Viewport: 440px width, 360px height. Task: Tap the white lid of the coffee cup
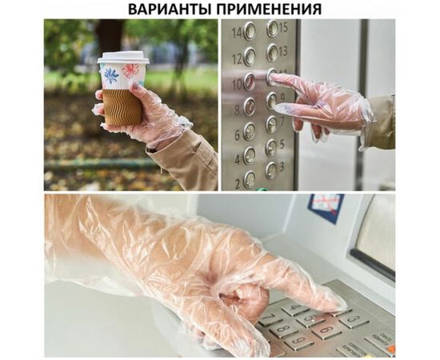[x=123, y=58]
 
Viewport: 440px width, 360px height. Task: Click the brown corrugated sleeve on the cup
[x=122, y=106]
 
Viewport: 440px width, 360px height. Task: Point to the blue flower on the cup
[x=111, y=77]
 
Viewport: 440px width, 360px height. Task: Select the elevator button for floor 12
[x=250, y=57]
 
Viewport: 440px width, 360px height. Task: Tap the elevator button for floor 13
[x=273, y=53]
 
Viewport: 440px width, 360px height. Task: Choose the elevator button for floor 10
[x=250, y=82]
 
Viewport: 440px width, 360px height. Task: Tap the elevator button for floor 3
[x=272, y=170]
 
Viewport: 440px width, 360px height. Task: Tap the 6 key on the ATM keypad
[x=326, y=330]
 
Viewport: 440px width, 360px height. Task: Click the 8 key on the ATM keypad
[x=283, y=328]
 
